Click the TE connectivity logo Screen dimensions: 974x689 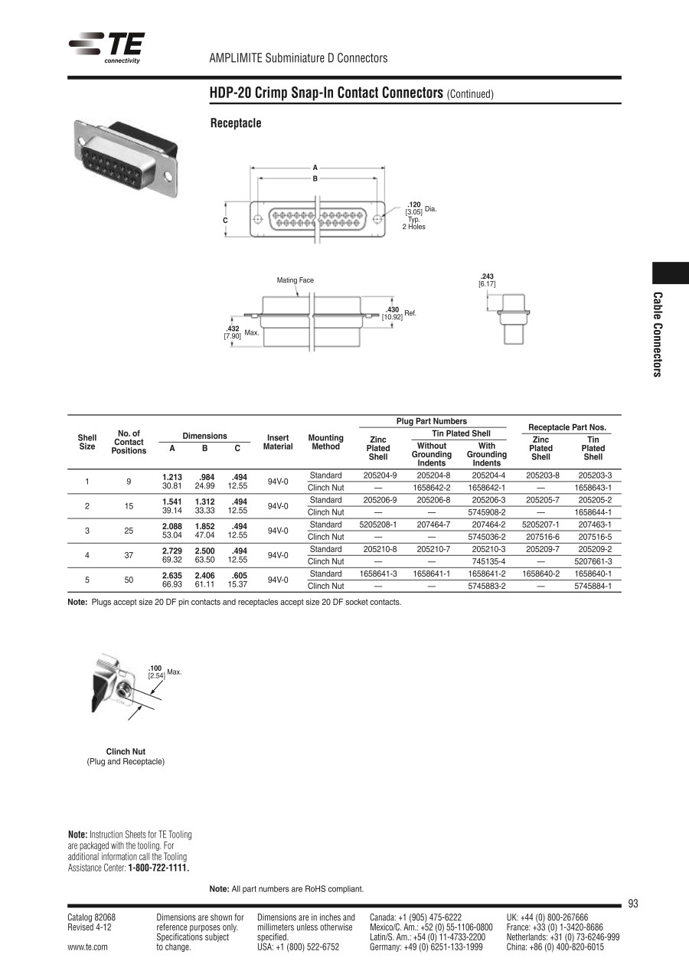point(106,48)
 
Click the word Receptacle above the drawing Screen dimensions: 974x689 point(236,123)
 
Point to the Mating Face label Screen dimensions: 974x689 point(296,280)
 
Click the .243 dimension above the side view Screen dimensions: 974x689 point(487,280)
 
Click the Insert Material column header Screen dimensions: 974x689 point(278,443)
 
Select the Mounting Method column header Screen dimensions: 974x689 point(325,443)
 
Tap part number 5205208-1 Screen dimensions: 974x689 point(378,525)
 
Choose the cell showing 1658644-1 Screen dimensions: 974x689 point(593,512)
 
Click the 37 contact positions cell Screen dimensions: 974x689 point(129,555)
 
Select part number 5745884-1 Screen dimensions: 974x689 point(593,586)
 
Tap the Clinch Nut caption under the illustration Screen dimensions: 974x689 point(126,752)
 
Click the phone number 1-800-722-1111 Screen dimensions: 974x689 point(158,868)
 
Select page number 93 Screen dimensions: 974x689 point(633,904)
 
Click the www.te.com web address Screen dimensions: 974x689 point(88,947)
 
